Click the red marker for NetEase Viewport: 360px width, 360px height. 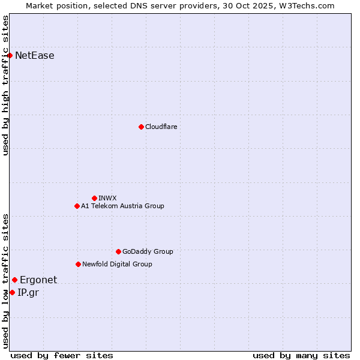(10, 56)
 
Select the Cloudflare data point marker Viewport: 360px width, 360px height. (141, 127)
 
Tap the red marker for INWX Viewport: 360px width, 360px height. (94, 198)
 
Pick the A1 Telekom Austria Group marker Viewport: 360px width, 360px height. (77, 206)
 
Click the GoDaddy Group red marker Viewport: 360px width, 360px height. (118, 251)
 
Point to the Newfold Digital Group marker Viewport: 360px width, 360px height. (78, 264)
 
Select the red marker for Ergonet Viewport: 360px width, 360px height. (14, 280)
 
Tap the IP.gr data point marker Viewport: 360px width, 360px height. (12, 292)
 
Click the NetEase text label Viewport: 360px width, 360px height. (34, 56)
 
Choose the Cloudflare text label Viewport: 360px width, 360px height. (161, 127)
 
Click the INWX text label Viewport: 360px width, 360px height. (107, 198)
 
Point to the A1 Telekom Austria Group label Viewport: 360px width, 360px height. (122, 206)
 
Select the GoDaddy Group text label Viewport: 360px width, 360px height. (148, 251)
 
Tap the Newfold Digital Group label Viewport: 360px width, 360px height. (117, 264)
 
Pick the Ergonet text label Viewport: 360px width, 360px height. (38, 280)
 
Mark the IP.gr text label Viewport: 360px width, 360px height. (28, 292)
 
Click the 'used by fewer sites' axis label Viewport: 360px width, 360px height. (62, 355)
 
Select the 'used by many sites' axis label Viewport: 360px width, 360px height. (301, 355)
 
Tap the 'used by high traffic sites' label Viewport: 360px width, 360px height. (5, 85)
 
